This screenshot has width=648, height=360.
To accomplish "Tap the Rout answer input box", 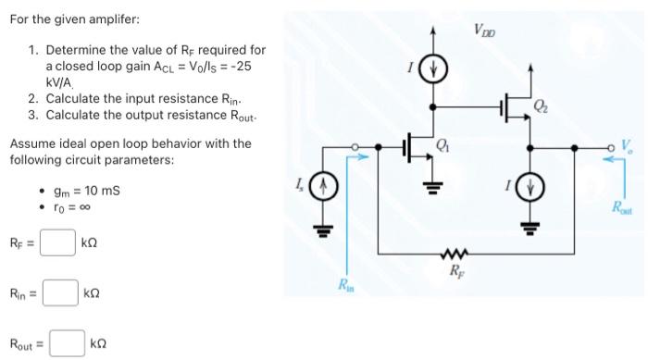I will [67, 343].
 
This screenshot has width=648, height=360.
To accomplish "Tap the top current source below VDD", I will [434, 71].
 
